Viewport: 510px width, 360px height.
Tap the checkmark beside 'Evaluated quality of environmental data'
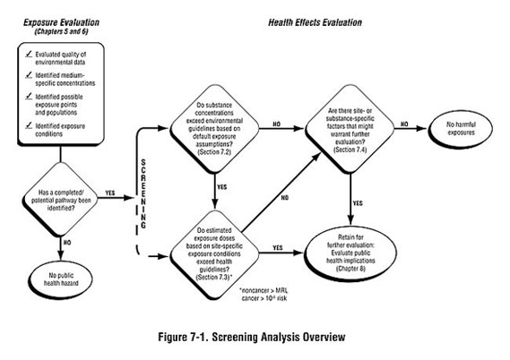(x=30, y=57)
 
